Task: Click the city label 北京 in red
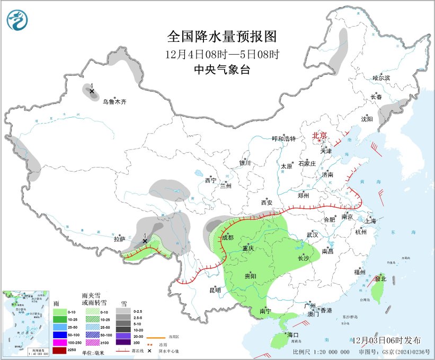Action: [x=320, y=135]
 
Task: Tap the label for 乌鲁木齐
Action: [x=114, y=101]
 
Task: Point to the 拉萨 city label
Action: [x=119, y=239]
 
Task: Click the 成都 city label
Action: [x=227, y=238]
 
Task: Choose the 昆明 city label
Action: [x=215, y=290]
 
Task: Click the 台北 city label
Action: [x=380, y=278]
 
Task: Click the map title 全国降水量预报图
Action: [x=222, y=37]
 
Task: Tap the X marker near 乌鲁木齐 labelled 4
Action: [x=92, y=92]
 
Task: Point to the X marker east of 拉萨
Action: [x=145, y=241]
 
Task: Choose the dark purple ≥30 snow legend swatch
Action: [x=123, y=343]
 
